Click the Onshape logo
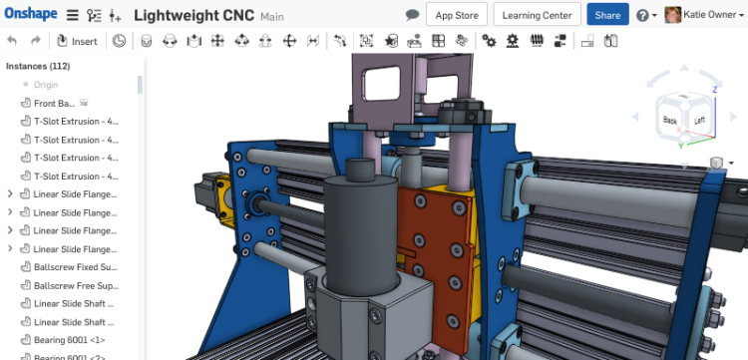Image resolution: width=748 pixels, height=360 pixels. point(31,15)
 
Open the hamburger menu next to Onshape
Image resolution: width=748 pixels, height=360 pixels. point(73,16)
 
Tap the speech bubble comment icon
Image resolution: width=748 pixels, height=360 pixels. point(412,15)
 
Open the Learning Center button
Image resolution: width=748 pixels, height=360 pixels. point(537,15)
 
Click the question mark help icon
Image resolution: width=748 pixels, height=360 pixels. point(641,16)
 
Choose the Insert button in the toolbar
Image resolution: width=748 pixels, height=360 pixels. point(78,41)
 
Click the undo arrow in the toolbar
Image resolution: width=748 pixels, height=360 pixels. point(12,41)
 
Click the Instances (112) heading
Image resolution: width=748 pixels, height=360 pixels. point(38,66)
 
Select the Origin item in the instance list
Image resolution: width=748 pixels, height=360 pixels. point(46,85)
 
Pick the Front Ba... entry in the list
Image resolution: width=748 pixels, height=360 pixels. point(54,103)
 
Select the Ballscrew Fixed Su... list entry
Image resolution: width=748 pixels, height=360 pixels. point(76,266)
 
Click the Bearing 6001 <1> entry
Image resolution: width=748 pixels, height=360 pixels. point(70,340)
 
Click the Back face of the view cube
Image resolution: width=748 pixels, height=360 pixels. point(669,120)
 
